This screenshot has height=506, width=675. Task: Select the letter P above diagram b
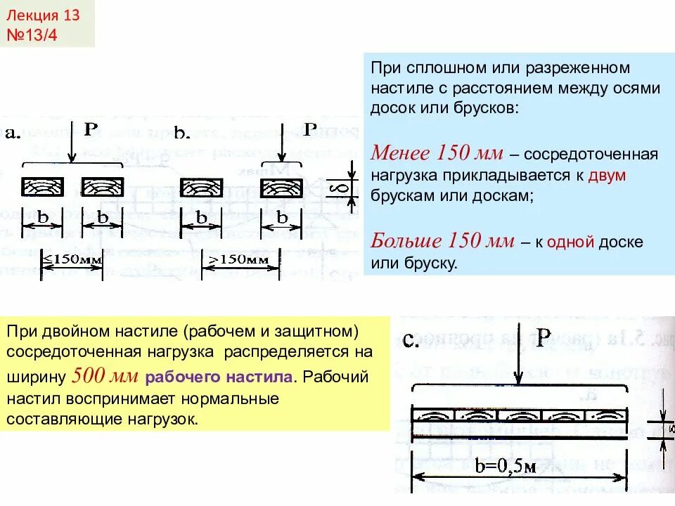click(310, 128)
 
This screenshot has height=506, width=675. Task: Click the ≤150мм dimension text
click(72, 259)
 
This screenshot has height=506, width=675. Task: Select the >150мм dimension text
click(236, 259)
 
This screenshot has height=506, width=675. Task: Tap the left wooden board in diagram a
click(42, 187)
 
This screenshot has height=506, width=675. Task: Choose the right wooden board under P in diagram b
click(281, 187)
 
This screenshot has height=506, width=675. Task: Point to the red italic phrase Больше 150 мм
click(443, 242)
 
